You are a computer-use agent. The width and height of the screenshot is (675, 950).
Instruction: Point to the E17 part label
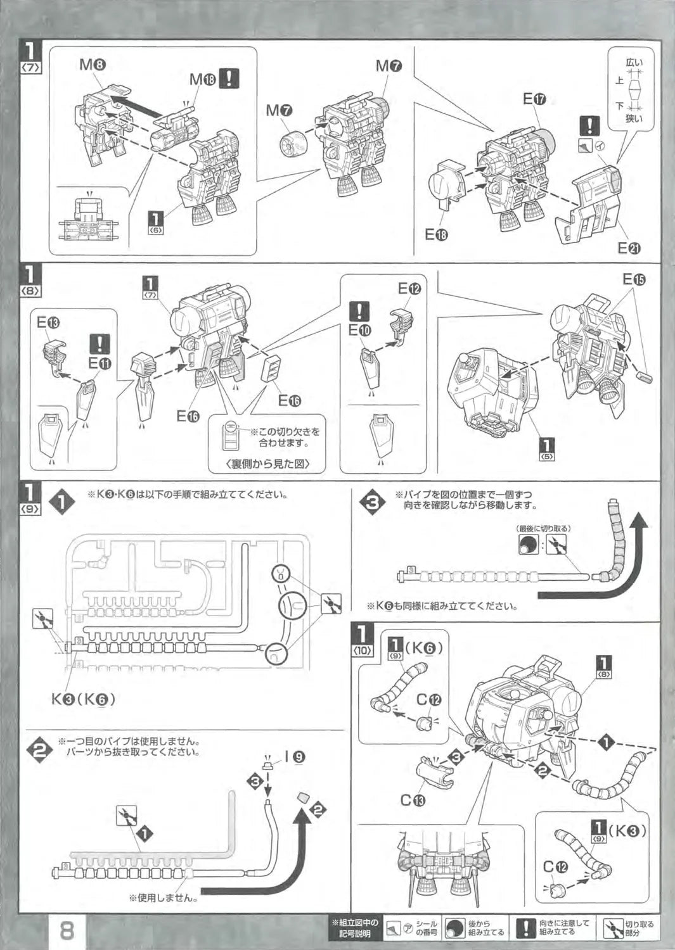[x=535, y=99]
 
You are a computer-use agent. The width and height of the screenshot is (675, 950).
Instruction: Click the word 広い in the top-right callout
[x=634, y=62]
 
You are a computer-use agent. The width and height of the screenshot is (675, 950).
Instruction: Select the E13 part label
[x=48, y=322]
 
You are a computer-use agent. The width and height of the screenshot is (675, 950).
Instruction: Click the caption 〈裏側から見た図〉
[x=267, y=464]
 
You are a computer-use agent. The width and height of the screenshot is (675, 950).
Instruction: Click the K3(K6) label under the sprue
[x=83, y=699]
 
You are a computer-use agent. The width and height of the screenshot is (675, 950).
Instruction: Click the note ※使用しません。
[x=163, y=897]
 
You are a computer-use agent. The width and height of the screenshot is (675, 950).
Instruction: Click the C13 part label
[x=413, y=800]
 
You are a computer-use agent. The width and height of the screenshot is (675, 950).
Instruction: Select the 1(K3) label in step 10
[x=618, y=829]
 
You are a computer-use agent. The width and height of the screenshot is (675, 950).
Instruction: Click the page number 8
[x=67, y=930]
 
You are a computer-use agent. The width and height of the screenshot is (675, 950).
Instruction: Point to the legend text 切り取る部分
[x=640, y=928]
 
